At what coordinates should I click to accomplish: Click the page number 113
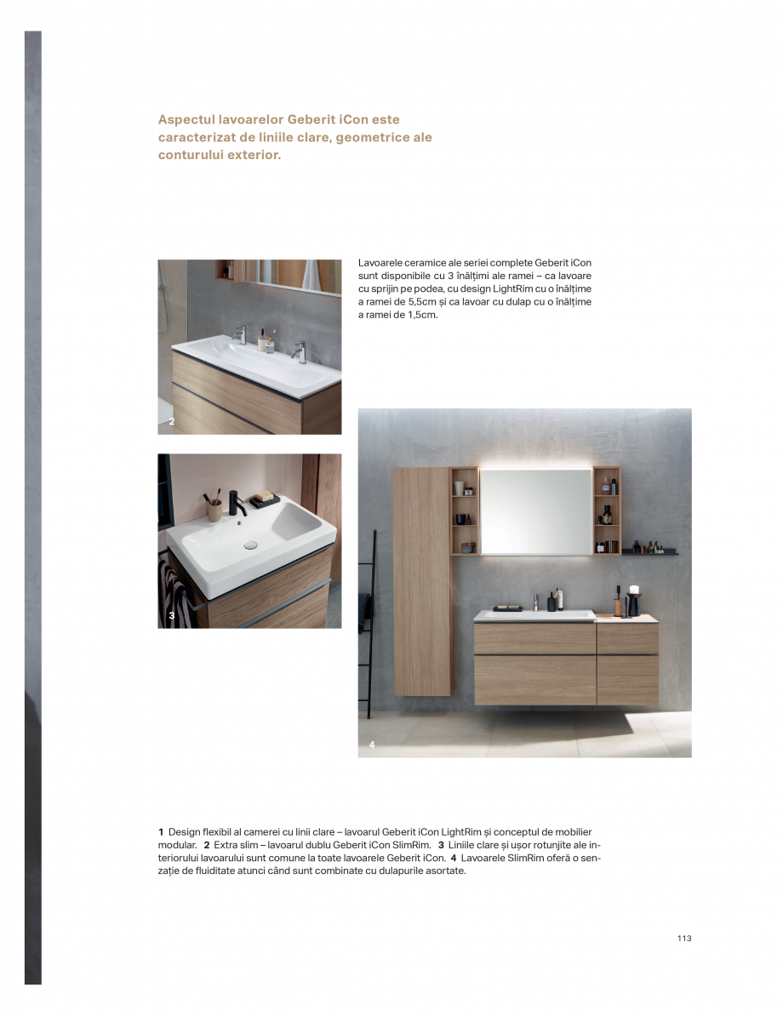pyautogui.click(x=684, y=938)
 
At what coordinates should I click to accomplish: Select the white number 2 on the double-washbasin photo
pyautogui.click(x=171, y=421)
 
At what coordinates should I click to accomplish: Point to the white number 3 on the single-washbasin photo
pyautogui.click(x=171, y=615)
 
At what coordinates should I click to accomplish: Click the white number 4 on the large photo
pyautogui.click(x=372, y=745)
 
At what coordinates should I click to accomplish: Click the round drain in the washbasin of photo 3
pyautogui.click(x=250, y=544)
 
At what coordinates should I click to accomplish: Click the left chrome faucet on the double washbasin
pyautogui.click(x=240, y=334)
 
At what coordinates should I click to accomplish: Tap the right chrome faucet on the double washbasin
pyautogui.click(x=299, y=350)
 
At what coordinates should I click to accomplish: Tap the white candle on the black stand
pyautogui.click(x=633, y=589)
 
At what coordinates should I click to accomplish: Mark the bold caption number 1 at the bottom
pyautogui.click(x=161, y=830)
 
